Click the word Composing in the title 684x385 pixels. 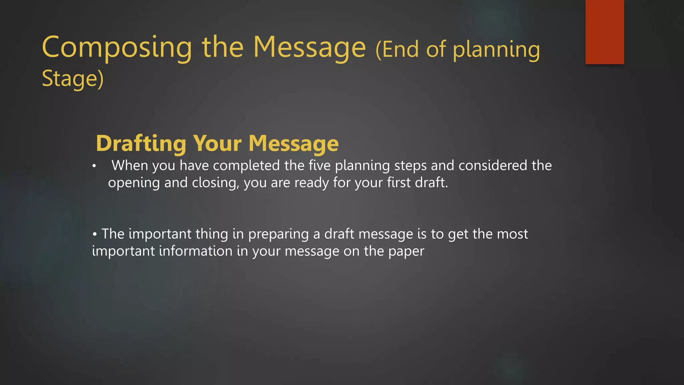tap(117, 48)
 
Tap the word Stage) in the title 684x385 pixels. tap(73, 79)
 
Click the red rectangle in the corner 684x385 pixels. tap(605, 32)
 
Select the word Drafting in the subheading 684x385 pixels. tap(141, 143)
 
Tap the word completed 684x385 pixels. tap(246, 165)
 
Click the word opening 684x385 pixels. tap(134, 183)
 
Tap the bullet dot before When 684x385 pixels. tap(95, 166)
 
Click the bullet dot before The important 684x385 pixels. tap(95, 234)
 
